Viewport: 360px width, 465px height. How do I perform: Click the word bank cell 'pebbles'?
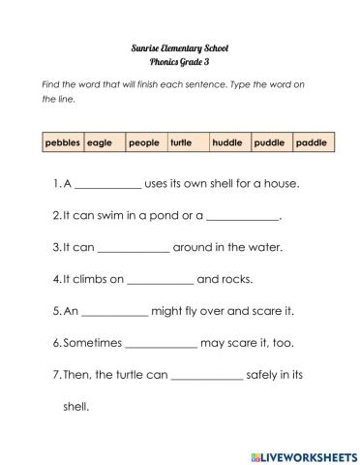[x=63, y=143]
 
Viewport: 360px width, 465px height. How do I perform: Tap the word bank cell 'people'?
[x=143, y=143]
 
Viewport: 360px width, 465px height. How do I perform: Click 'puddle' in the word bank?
[x=269, y=143]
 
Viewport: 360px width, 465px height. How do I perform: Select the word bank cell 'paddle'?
[x=312, y=143]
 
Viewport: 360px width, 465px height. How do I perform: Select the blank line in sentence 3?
[x=134, y=248]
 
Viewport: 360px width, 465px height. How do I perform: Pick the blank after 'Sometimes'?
[x=162, y=345]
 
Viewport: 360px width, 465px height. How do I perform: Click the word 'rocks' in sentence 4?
[x=236, y=280]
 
